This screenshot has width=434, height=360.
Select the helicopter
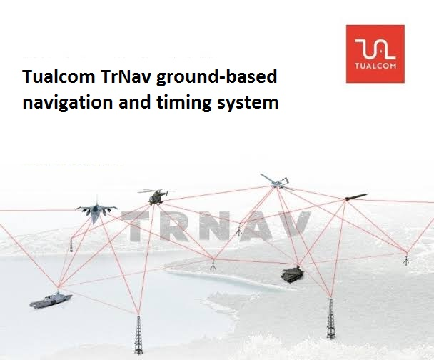(x=157, y=196)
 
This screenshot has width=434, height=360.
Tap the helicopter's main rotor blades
(x=157, y=191)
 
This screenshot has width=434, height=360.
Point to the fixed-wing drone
(x=277, y=182)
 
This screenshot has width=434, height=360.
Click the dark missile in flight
(x=356, y=196)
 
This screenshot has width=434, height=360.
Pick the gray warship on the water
(x=51, y=300)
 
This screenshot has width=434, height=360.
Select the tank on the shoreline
(x=292, y=274)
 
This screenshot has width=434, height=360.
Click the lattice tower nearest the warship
(x=138, y=335)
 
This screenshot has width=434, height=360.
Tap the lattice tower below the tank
(x=330, y=319)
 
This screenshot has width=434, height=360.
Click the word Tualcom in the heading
(x=59, y=76)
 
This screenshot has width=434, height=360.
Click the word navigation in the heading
(x=68, y=103)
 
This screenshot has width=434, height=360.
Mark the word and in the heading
(x=135, y=102)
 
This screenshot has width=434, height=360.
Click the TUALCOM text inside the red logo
(x=375, y=66)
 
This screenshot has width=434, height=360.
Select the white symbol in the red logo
(x=375, y=49)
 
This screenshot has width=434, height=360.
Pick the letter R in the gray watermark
(x=175, y=226)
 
